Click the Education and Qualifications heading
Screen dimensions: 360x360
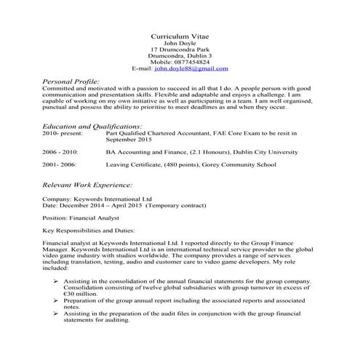click(92, 127)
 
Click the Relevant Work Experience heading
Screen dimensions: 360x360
click(88, 185)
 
